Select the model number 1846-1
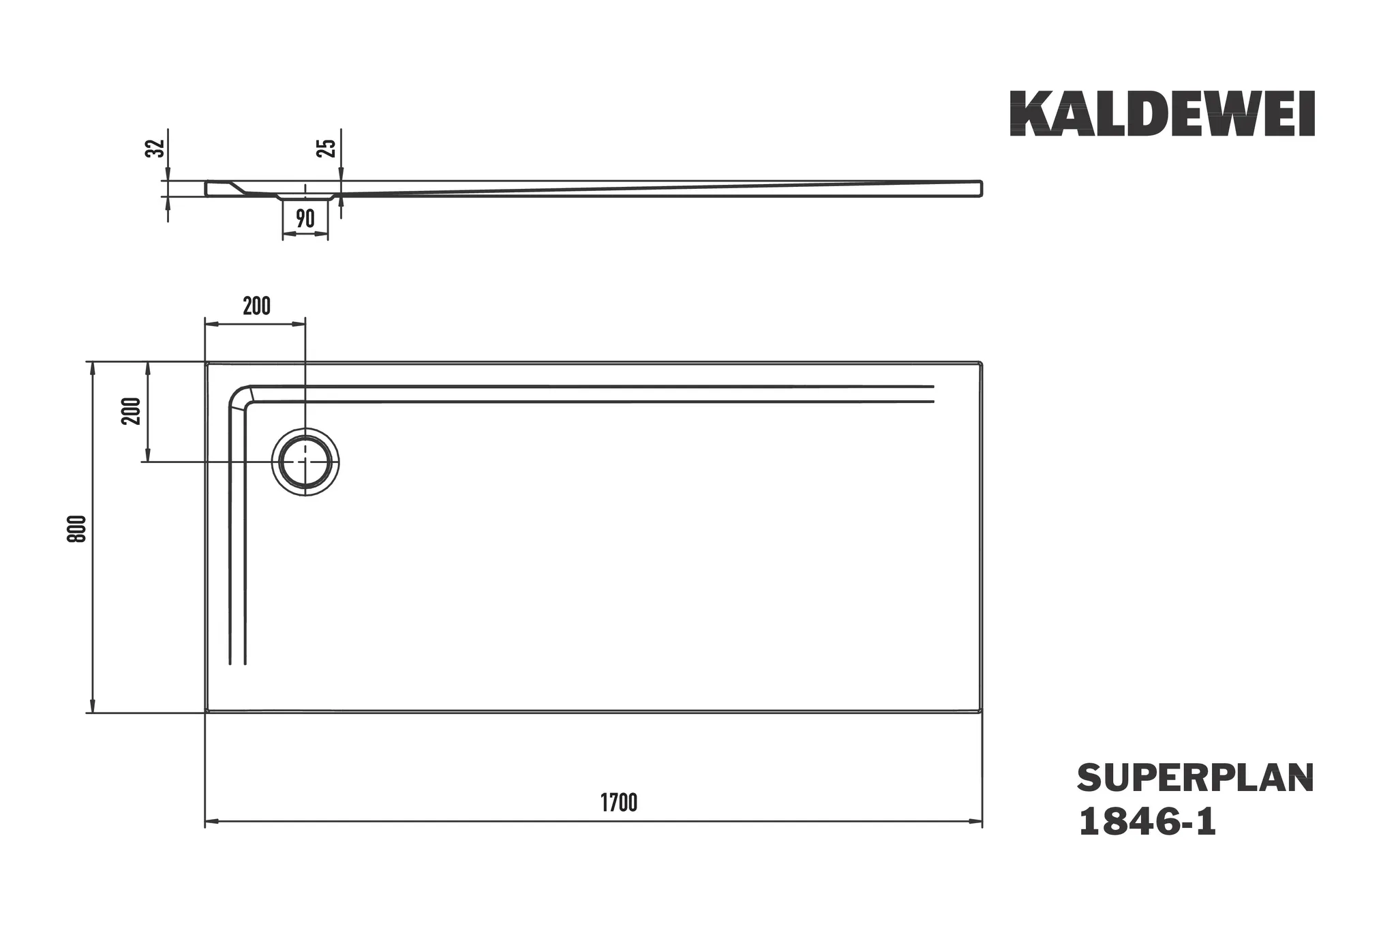click(1147, 822)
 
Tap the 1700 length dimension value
click(619, 803)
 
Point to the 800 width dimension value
click(78, 529)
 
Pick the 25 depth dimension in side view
click(327, 148)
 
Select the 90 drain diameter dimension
click(305, 219)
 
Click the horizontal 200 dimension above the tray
click(256, 307)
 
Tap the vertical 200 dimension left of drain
click(132, 411)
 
